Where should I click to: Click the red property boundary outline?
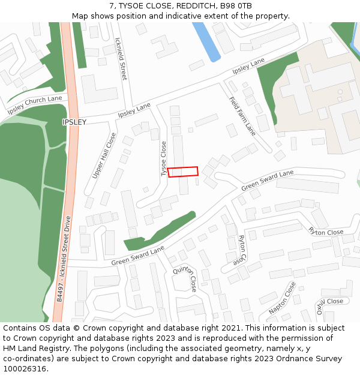tap(183, 172)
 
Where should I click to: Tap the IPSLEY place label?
tap(74, 122)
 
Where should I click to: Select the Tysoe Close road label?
tap(164, 158)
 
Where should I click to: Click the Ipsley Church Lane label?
tap(35, 106)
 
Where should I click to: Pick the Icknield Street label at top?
tap(120, 59)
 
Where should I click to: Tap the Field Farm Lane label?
tap(242, 116)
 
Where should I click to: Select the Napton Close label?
tap(283, 298)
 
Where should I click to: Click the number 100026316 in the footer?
tap(26, 369)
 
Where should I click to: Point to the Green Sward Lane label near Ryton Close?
tap(268, 181)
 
